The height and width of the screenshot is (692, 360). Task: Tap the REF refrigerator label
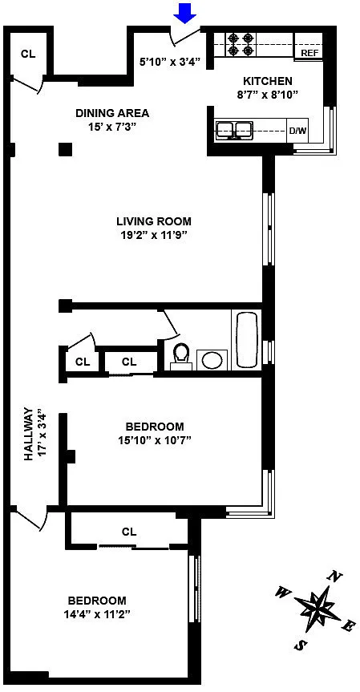pos(309,54)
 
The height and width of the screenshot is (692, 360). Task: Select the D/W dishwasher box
pos(297,131)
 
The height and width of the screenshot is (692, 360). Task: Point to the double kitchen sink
pos(234,130)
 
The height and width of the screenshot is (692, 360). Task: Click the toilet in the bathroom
pos(181,356)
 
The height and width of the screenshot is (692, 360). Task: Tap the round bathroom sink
pos(212,360)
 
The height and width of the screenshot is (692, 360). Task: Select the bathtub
pos(246,339)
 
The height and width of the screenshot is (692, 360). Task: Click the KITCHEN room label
pos(268,81)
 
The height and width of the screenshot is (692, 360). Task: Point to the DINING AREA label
pos(112,113)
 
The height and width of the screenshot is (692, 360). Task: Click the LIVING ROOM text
pos(154,221)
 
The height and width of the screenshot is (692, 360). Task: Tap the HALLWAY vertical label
pos(29,435)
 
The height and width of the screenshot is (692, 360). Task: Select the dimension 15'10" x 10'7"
pos(155,440)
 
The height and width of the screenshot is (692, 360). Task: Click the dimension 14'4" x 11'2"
pos(97,614)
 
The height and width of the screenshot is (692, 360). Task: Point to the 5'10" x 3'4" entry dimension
pos(170,63)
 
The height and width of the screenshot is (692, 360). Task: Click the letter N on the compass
pos(335,576)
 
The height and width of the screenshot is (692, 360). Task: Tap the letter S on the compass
pos(300,645)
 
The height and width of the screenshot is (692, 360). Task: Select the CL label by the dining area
pos(28,55)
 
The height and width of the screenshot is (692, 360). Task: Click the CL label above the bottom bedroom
pos(129,532)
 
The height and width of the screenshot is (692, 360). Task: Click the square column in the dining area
pos(65,150)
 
